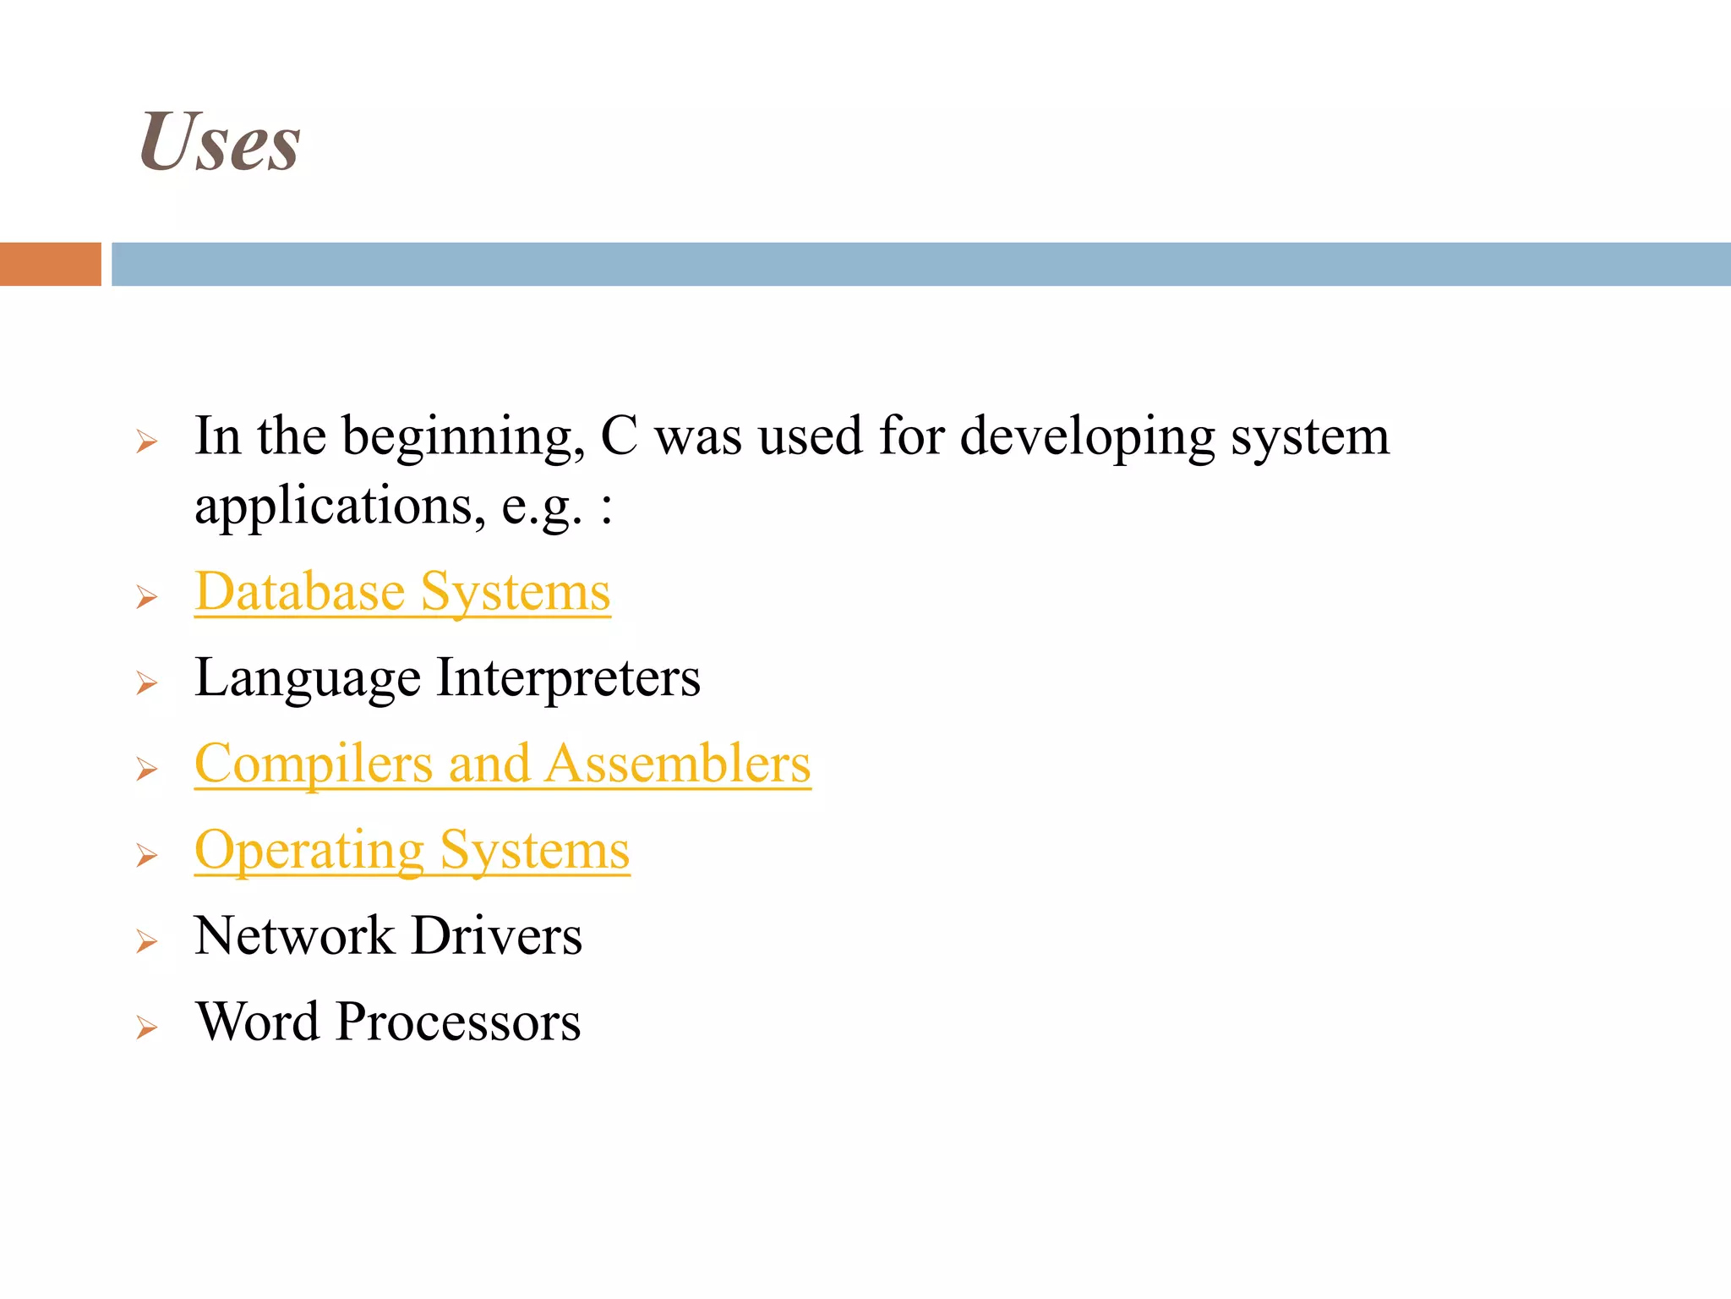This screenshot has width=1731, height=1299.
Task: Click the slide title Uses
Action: coord(220,142)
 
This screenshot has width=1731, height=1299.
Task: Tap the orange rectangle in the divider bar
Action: coord(50,264)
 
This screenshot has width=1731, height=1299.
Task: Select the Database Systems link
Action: coord(402,591)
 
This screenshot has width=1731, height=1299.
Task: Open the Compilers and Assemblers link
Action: coord(502,764)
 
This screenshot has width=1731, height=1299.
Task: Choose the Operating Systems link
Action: coord(412,850)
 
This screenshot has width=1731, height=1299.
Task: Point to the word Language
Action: coord(308,678)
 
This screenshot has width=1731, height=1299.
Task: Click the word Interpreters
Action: coord(568,678)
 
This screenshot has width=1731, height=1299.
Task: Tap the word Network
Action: coord(294,936)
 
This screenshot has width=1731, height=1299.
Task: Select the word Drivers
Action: coord(497,936)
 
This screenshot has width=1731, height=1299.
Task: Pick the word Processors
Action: coord(458,1022)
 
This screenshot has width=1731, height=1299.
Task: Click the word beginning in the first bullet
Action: coord(463,438)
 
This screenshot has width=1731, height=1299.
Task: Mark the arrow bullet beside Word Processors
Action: coord(147,1028)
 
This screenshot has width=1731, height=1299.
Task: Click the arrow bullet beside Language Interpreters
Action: coord(147,683)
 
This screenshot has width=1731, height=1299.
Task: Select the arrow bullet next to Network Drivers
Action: coord(147,941)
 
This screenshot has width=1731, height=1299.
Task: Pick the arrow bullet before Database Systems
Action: coord(147,597)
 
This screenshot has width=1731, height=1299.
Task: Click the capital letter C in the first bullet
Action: coord(619,436)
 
